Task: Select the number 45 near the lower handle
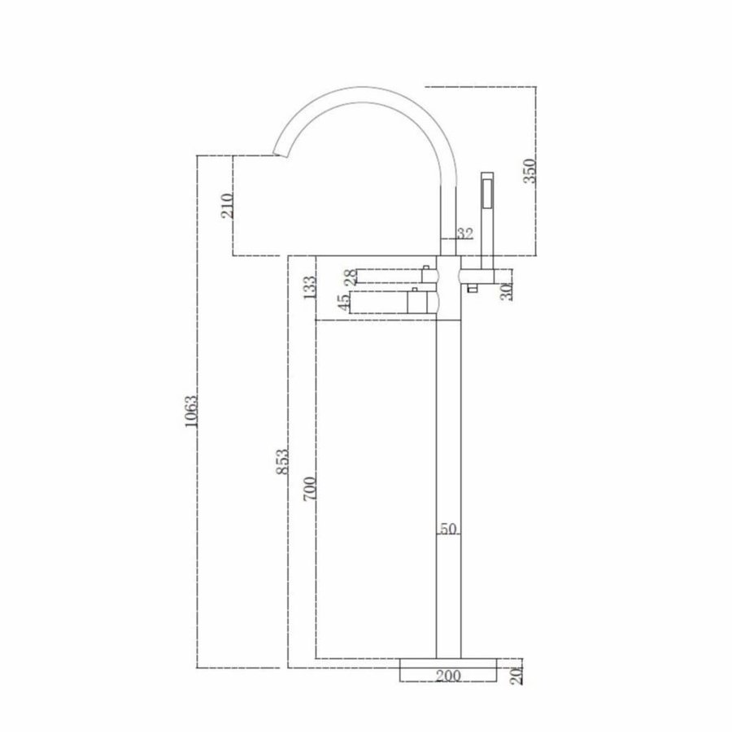pyautogui.click(x=345, y=302)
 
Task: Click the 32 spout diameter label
pyautogui.click(x=464, y=233)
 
